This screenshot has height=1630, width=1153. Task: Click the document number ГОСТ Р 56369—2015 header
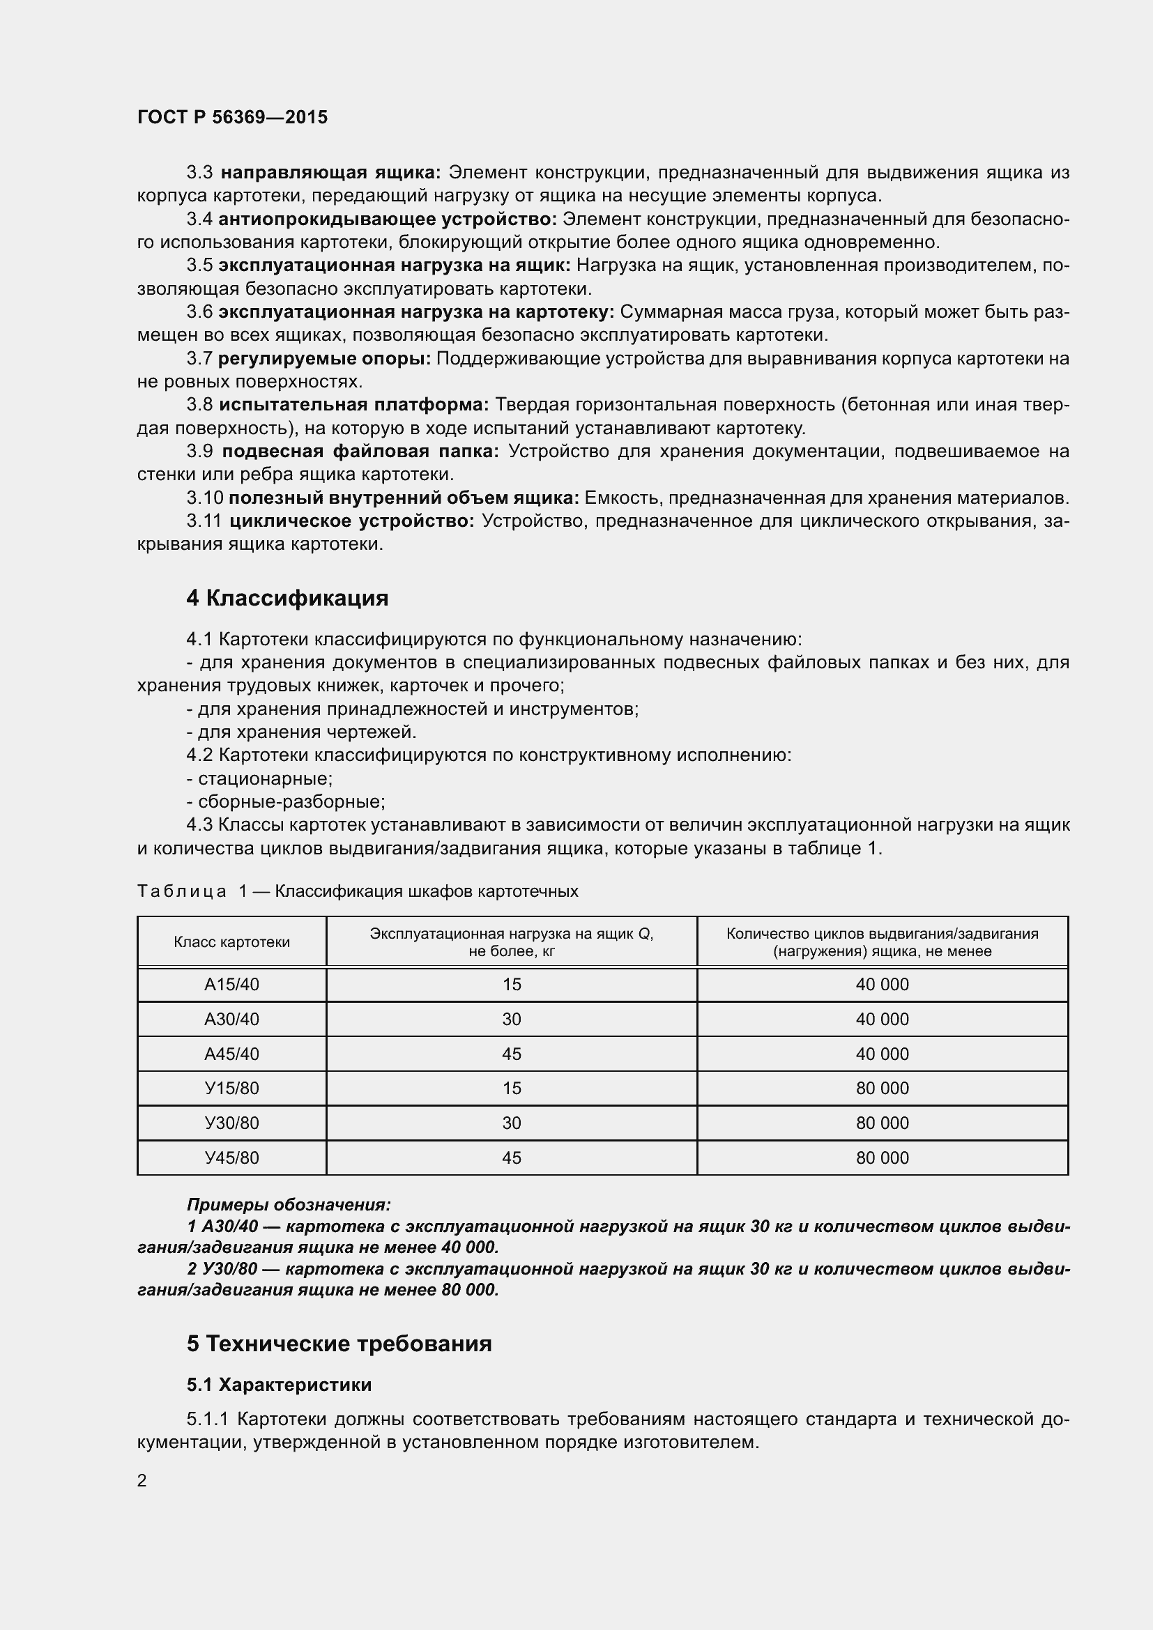tap(232, 117)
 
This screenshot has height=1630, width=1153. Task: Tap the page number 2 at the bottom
tap(142, 1480)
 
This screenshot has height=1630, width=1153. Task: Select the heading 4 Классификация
tap(287, 598)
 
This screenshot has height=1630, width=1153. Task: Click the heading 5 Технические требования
tap(339, 1343)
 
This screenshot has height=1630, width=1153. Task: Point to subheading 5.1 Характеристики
tap(279, 1385)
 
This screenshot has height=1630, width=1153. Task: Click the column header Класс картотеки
tap(231, 942)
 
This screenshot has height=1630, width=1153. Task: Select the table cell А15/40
tap(231, 985)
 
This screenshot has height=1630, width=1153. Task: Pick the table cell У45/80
tap(231, 1158)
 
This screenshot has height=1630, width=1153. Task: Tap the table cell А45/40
tap(231, 1054)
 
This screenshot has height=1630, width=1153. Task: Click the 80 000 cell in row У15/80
tap(882, 1089)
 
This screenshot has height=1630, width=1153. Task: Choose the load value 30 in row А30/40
tap(511, 1020)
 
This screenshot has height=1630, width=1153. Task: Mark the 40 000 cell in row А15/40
tap(882, 985)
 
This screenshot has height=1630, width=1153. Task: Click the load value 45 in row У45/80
tap(511, 1158)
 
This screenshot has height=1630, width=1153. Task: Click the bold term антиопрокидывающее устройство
tap(388, 220)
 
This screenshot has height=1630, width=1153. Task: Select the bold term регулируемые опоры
tap(324, 358)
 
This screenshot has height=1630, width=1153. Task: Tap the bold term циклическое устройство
tap(351, 521)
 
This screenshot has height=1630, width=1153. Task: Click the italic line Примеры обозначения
tap(289, 1205)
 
